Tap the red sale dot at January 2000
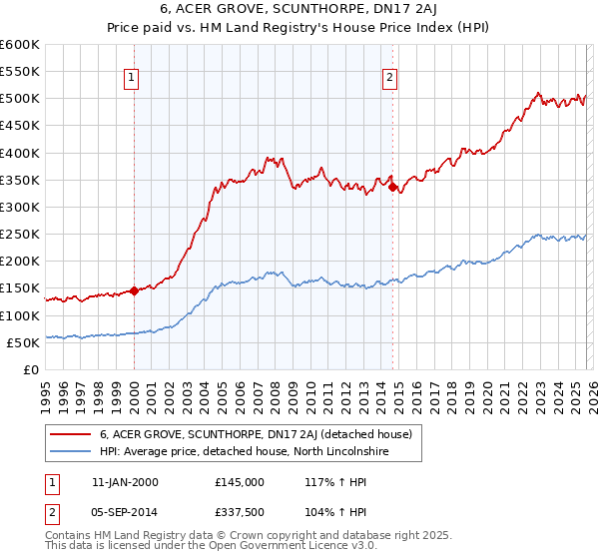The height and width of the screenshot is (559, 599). point(134,291)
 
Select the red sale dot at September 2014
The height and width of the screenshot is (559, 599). point(392,187)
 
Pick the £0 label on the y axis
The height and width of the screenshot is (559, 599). point(31,369)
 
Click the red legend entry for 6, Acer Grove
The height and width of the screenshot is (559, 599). point(262,434)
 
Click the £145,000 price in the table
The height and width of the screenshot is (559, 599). point(240,481)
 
